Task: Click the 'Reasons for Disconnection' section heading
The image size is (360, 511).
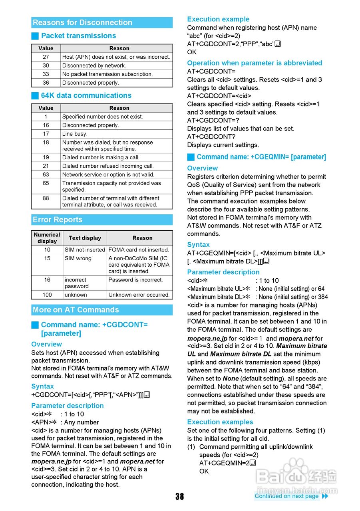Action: [82, 23]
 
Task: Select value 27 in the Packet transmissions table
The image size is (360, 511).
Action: [46, 57]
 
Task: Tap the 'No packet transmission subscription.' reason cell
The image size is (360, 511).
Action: [107, 74]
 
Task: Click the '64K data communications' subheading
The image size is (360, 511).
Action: [86, 95]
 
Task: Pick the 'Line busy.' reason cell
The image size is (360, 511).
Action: [75, 134]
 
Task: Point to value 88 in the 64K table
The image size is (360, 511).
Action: [46, 198]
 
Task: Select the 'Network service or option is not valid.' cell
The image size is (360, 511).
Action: [108, 174]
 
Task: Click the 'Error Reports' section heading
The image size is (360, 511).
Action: [58, 220]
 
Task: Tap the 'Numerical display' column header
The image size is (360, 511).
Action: [47, 238]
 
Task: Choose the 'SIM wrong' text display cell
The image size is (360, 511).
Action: [78, 258]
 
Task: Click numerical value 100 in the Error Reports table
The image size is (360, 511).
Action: [47, 295]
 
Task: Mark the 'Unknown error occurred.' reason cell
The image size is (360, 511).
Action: [139, 295]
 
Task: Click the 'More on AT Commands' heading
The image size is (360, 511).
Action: [76, 310]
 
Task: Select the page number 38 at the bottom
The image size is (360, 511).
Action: [179, 496]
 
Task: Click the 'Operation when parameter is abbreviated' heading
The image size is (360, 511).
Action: [255, 63]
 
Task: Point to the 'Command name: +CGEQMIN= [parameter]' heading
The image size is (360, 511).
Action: [261, 157]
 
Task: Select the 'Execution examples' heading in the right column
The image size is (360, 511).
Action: [220, 422]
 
